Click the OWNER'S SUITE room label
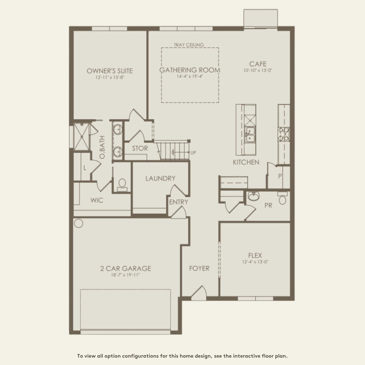[110, 71]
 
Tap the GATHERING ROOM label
[190, 70]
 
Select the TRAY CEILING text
[189, 45]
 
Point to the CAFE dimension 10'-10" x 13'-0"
[258, 70]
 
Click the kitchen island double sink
[250, 135]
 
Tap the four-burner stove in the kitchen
[284, 134]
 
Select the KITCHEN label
[246, 162]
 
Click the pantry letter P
[280, 176]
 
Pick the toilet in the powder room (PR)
[282, 198]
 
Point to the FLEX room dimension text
[255, 262]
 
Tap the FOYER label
[199, 268]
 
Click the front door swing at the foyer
[199, 293]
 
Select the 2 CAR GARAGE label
[126, 268]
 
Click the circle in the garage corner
[78, 223]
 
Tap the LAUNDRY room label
[160, 178]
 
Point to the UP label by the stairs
[193, 152]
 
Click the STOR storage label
[140, 148]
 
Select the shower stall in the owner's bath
[82, 137]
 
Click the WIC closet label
[97, 200]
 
